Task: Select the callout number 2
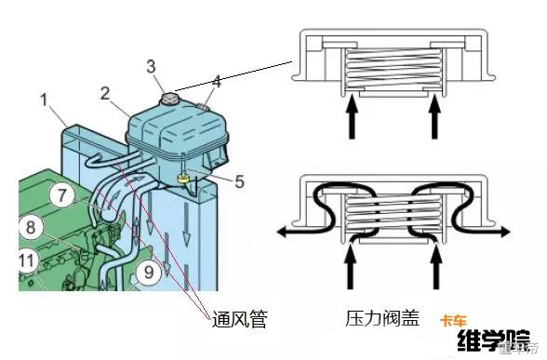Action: click(x=105, y=92)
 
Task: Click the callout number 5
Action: click(x=239, y=181)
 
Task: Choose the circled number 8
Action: click(x=31, y=226)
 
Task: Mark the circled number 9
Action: click(x=147, y=273)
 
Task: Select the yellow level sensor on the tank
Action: click(x=185, y=175)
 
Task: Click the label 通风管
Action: click(x=239, y=319)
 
